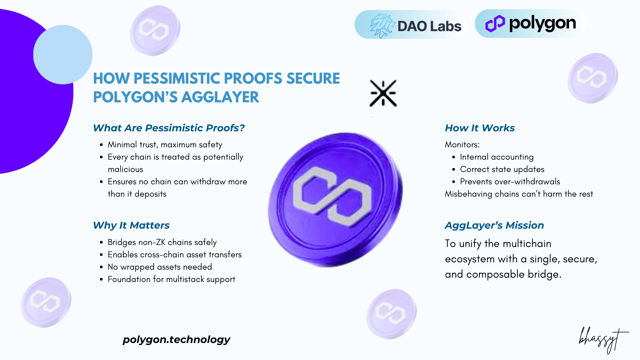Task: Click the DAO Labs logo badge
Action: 410,25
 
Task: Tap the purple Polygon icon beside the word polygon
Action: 495,24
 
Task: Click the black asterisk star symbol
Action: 383,93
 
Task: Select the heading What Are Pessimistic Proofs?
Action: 169,128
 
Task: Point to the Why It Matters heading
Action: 131,225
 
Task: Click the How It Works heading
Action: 480,128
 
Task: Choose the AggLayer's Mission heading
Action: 494,225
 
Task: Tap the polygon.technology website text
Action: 176,339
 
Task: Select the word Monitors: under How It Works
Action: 462,145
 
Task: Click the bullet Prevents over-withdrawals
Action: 510,182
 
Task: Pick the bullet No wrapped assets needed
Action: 160,267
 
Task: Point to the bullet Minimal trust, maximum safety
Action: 165,145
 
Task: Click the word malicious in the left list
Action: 125,169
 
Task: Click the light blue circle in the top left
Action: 63,55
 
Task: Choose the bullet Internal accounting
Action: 497,157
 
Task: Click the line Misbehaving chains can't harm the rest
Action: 519,194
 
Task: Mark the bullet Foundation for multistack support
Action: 171,279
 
